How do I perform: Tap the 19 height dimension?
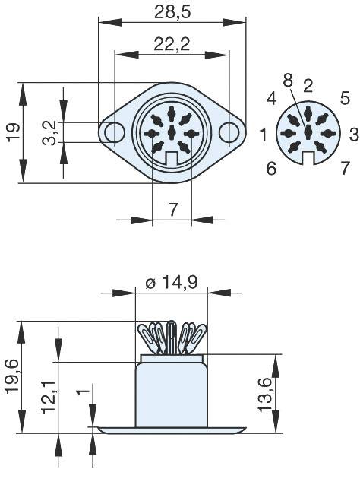tap(13, 131)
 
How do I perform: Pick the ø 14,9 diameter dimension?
tap(171, 284)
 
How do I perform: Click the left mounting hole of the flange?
tap(115, 132)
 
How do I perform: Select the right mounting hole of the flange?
tap(229, 132)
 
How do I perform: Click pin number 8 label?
tap(287, 80)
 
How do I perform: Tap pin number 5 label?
tap(345, 98)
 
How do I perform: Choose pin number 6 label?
tap(271, 168)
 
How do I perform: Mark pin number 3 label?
tap(353, 134)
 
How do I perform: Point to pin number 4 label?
tap(271, 98)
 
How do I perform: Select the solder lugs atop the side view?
tap(171, 336)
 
